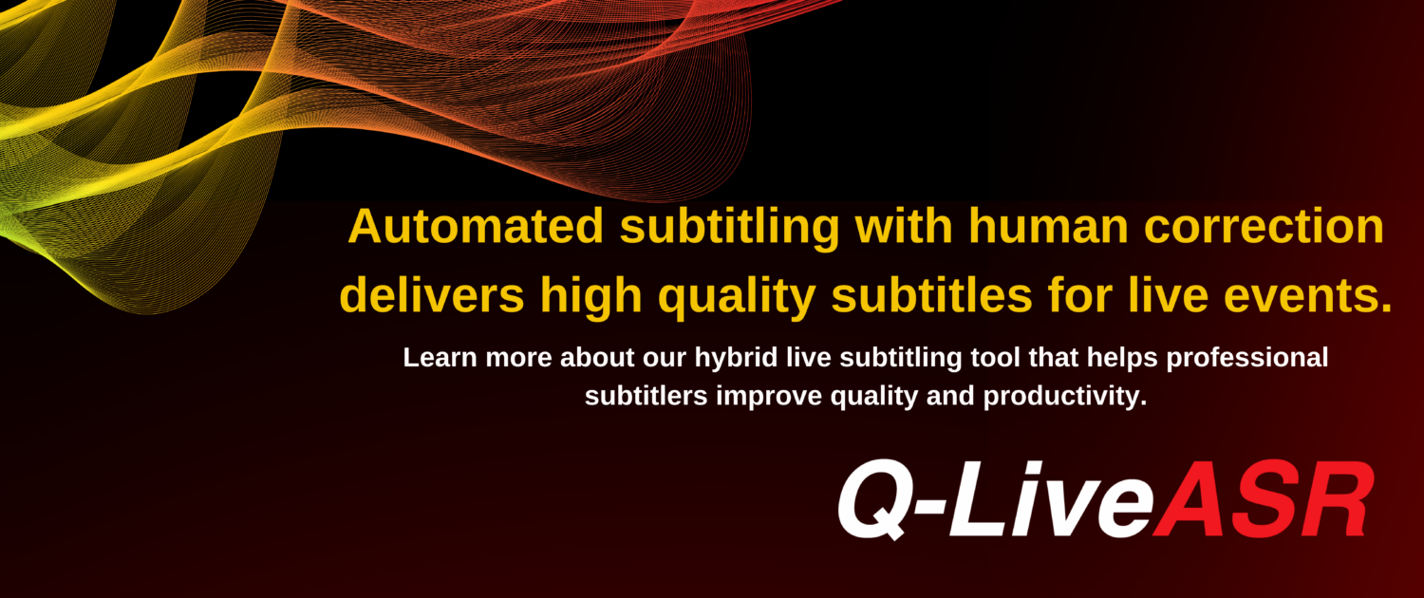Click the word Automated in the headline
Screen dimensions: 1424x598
476,226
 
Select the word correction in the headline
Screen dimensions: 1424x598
1264,226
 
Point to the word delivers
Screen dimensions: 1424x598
432,296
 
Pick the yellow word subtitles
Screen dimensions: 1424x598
931,296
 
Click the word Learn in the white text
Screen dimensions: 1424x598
440,357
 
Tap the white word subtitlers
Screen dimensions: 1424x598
646,396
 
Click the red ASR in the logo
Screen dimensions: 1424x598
1262,498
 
